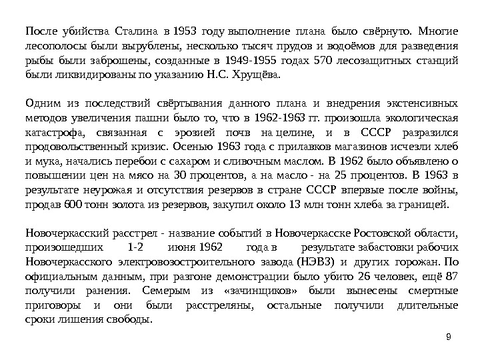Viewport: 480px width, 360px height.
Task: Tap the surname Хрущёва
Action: click(x=256, y=76)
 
